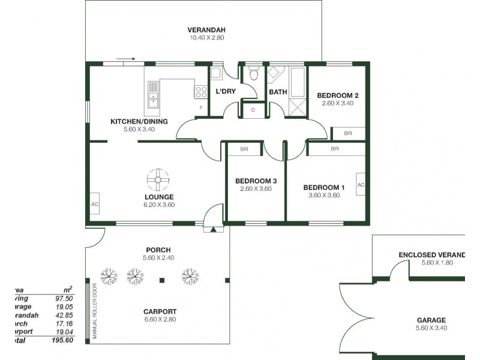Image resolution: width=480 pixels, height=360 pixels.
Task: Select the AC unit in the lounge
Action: click(94, 203)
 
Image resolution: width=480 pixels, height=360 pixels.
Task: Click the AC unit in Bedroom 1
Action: click(361, 184)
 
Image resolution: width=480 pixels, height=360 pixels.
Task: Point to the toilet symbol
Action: click(254, 74)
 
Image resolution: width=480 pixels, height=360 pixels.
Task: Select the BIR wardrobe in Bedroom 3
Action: click(244, 149)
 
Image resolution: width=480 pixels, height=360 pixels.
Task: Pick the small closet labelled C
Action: click(253, 110)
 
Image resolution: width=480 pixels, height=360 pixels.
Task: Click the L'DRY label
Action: click(225, 92)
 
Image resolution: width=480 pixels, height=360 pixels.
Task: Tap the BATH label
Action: click(278, 92)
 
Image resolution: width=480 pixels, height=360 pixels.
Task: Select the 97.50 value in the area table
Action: click(64, 297)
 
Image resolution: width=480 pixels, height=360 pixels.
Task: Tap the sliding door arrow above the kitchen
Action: click(126, 59)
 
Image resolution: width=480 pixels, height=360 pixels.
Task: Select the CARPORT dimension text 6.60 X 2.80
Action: click(159, 320)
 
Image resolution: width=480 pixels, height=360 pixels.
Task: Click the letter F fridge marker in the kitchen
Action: click(201, 107)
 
